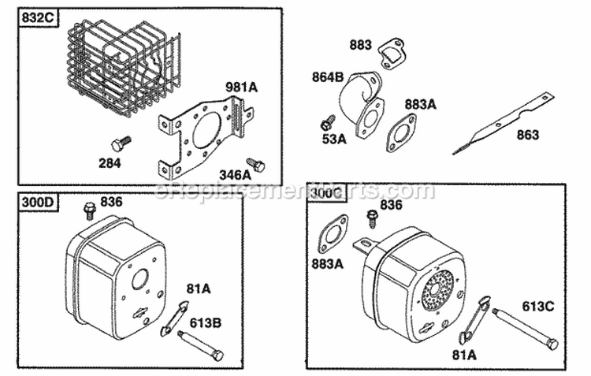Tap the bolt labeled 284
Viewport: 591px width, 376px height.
(120, 143)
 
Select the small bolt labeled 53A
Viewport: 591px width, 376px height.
(328, 123)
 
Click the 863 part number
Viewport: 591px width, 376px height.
(529, 136)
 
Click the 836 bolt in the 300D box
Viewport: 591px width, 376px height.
(89, 210)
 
